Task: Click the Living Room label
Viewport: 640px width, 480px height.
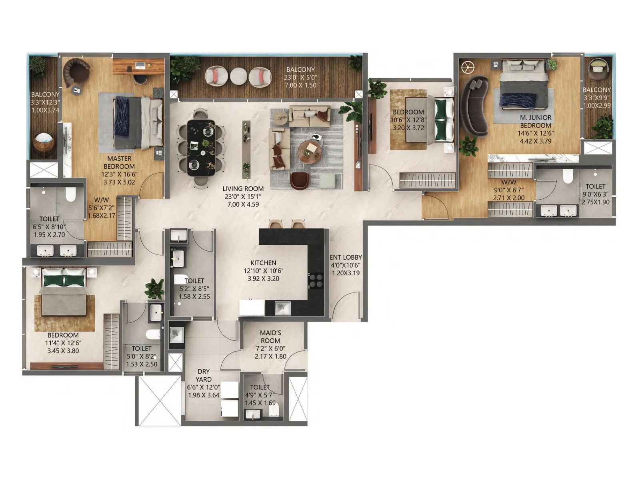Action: pos(243,188)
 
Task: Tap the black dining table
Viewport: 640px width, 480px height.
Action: pos(201,148)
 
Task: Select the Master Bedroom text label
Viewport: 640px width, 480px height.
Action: pos(119,162)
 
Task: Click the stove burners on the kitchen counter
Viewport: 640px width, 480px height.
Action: pos(316,280)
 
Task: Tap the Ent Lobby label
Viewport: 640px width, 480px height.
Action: pos(346,257)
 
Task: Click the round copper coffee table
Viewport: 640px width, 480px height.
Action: pos(310,152)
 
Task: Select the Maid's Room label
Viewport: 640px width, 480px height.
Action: pos(270,336)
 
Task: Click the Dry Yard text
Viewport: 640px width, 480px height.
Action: pos(203,375)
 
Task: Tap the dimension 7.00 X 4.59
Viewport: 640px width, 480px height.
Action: pos(243,204)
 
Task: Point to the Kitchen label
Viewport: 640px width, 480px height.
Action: pos(263,263)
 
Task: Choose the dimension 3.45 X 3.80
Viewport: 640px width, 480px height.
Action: pos(63,351)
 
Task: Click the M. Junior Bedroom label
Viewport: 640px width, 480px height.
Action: pos(536,121)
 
